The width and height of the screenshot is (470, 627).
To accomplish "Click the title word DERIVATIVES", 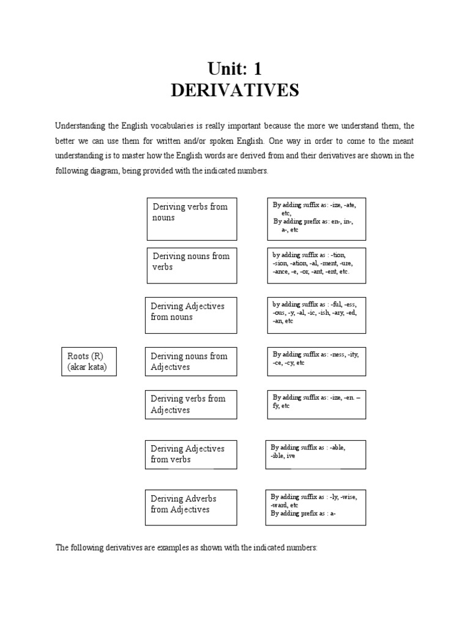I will [x=235, y=91].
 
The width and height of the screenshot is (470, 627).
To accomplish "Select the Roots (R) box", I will [x=89, y=361].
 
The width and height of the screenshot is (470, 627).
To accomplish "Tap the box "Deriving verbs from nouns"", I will [x=192, y=218].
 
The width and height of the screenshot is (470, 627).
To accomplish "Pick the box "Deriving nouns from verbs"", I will [x=192, y=265].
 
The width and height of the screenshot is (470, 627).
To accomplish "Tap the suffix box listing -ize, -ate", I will [x=316, y=218].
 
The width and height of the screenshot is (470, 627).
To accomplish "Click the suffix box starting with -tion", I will [x=316, y=265].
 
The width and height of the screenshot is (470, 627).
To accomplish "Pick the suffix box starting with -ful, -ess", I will [x=316, y=315].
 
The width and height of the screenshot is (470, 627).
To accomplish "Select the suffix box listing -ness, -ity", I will [x=316, y=361].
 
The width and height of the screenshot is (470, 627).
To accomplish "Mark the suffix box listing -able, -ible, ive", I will [x=315, y=454].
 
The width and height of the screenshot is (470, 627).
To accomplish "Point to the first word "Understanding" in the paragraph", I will [x=81, y=126].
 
